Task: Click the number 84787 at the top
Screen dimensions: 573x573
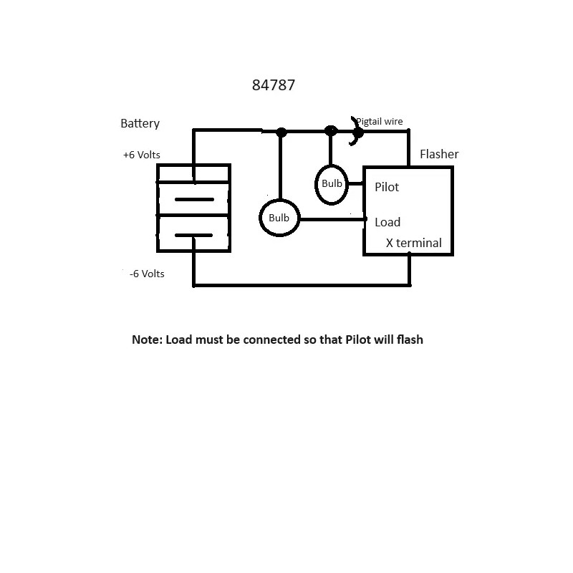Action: coord(274,85)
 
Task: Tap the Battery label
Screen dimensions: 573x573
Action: coord(140,123)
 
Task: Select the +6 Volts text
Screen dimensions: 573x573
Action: coord(141,155)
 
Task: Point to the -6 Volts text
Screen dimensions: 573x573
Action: coord(147,274)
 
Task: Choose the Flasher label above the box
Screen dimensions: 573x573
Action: coord(439,154)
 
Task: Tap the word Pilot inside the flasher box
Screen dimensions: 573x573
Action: coord(387,187)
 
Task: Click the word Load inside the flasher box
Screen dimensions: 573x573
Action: coord(387,222)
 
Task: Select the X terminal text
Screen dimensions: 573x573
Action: coord(414,243)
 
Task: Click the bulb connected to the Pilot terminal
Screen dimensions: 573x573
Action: coord(332,183)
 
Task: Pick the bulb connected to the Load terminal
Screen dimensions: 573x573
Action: coord(279,218)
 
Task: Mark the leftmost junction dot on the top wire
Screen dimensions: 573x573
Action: coord(281,132)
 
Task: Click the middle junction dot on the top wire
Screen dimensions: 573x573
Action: coord(330,131)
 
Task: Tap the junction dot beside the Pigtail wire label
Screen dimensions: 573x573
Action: coord(358,132)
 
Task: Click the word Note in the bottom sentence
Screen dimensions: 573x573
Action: coord(146,340)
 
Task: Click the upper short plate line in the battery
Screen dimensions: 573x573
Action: coord(193,199)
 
